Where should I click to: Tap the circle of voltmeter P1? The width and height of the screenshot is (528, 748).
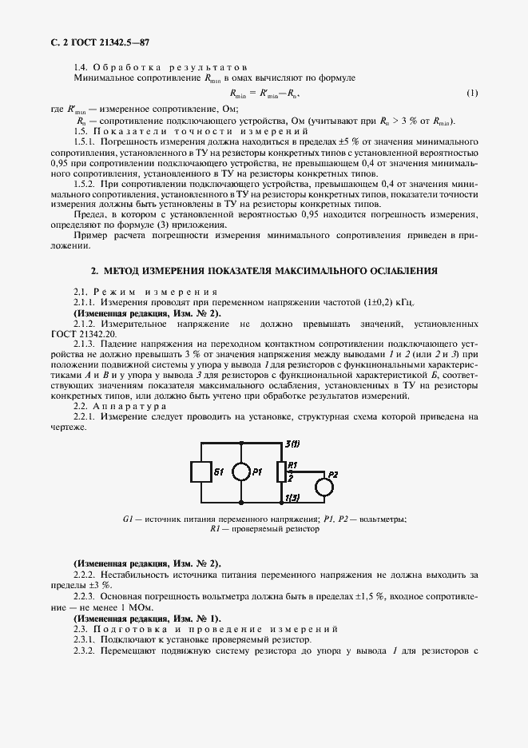(x=240, y=471)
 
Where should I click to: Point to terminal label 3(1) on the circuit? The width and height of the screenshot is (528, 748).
(x=292, y=444)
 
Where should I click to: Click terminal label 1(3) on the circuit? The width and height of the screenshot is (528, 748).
(x=292, y=499)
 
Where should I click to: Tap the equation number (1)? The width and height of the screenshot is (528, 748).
(x=472, y=93)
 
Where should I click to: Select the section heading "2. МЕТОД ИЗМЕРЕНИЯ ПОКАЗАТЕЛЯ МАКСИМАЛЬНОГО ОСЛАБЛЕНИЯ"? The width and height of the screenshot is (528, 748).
(x=264, y=271)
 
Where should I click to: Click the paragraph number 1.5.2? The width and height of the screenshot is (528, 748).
(x=85, y=184)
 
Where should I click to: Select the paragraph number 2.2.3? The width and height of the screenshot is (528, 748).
(x=85, y=597)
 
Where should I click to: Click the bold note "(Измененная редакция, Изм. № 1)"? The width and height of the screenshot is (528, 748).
(x=147, y=619)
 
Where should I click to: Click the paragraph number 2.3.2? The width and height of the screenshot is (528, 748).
(x=85, y=650)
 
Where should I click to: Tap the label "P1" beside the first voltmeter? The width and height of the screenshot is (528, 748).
(x=256, y=471)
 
